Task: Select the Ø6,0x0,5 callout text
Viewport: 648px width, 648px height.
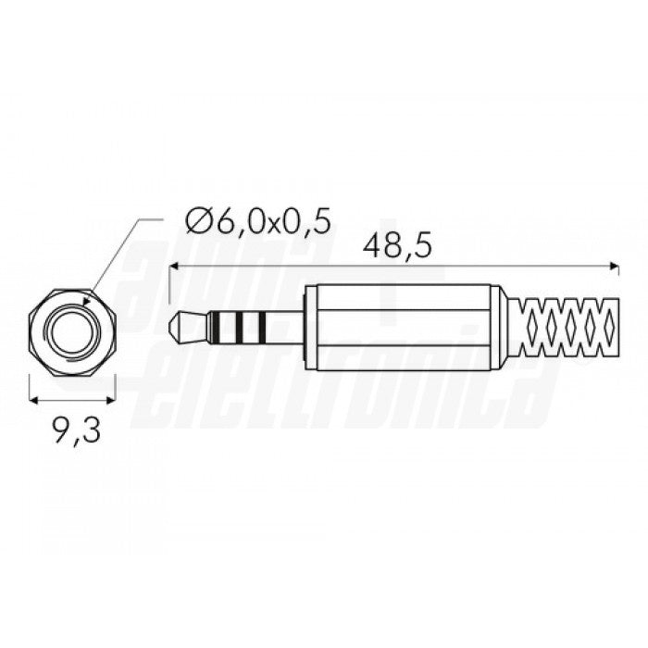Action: [x=257, y=221]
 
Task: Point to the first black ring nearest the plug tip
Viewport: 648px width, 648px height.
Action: [x=212, y=326]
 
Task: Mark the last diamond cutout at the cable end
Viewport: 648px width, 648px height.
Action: [x=608, y=326]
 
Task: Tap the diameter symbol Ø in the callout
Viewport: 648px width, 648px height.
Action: [x=196, y=221]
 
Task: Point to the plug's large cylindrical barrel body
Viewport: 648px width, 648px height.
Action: [x=407, y=326]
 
